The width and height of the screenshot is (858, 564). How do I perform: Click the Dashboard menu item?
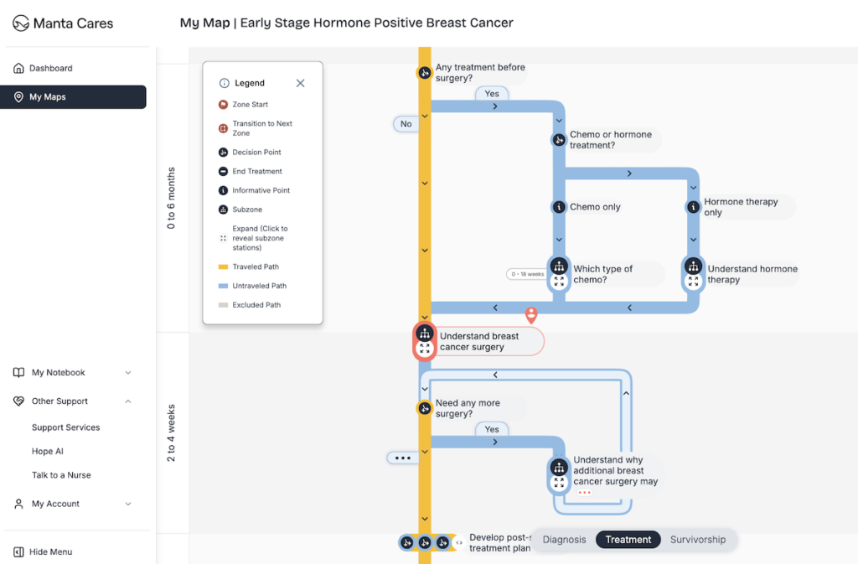click(x=50, y=68)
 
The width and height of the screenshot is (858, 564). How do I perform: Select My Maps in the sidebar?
click(x=47, y=97)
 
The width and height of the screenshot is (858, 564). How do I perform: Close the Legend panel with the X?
click(x=300, y=83)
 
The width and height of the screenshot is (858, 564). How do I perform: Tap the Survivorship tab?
click(x=697, y=540)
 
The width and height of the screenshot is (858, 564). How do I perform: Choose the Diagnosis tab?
click(x=564, y=540)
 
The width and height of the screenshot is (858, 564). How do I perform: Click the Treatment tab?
click(x=628, y=540)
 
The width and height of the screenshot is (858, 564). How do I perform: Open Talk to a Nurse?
click(x=61, y=475)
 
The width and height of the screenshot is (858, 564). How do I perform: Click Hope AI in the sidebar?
click(x=48, y=451)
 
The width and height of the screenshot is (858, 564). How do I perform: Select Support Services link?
click(x=65, y=427)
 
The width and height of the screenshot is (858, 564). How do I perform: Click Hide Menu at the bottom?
click(x=50, y=551)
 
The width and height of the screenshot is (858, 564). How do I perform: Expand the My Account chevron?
click(x=128, y=504)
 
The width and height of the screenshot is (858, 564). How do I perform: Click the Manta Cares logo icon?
click(x=21, y=23)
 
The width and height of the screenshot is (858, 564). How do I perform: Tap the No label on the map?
click(x=406, y=124)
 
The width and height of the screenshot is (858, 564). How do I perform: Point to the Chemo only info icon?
click(x=559, y=207)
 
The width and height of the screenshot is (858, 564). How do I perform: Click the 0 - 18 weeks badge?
click(x=525, y=274)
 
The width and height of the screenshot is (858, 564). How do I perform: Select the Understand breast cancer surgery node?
click(x=478, y=341)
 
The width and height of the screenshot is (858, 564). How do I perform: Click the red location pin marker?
click(x=530, y=314)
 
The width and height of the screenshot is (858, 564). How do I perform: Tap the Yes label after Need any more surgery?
click(x=492, y=429)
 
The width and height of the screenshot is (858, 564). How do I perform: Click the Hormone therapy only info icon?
click(x=693, y=207)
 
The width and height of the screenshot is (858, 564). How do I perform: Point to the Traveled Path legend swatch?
click(x=223, y=267)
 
